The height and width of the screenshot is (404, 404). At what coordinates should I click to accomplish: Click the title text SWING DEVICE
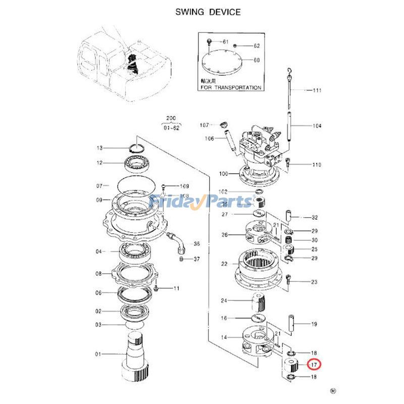208,12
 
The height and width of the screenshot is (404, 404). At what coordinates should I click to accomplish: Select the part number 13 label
99,148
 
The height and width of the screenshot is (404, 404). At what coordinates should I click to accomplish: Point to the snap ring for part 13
137,147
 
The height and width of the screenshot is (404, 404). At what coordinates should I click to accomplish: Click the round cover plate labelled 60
221,65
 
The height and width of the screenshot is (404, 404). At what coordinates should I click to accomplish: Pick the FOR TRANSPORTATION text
231,87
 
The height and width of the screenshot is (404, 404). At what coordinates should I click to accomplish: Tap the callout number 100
223,174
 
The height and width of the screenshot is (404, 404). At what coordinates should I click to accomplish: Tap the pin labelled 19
292,323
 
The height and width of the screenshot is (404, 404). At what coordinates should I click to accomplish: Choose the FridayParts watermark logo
202,202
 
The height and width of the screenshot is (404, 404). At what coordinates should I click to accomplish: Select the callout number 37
196,259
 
